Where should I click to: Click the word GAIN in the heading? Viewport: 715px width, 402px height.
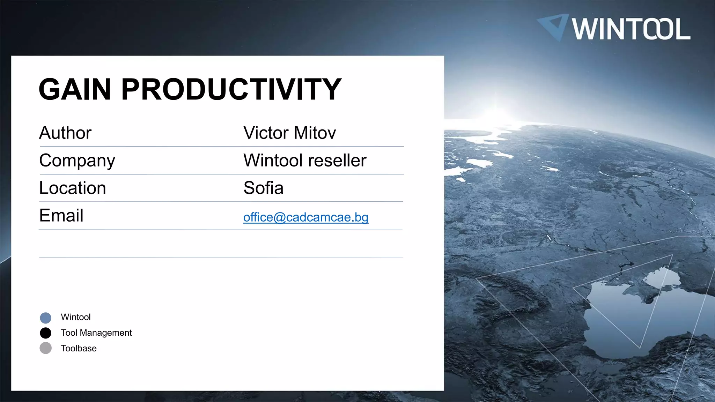75,89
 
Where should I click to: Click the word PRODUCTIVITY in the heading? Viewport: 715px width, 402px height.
231,89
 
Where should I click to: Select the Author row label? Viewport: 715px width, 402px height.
65,133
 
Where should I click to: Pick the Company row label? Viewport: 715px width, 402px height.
77,161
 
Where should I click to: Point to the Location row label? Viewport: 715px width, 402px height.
72,188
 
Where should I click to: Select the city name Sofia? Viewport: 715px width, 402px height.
263,188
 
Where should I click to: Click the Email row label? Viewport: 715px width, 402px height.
61,215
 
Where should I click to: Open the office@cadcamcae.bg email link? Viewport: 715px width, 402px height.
305,217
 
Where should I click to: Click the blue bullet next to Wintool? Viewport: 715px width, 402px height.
46,318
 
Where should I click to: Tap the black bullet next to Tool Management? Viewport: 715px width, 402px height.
46,333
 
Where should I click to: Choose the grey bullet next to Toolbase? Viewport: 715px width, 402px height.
46,348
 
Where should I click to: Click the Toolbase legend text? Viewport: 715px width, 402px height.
79,348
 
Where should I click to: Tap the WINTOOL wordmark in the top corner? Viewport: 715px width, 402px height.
631,29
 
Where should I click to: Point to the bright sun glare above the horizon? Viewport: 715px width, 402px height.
496,112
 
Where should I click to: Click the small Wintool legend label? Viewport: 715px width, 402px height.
75,317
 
